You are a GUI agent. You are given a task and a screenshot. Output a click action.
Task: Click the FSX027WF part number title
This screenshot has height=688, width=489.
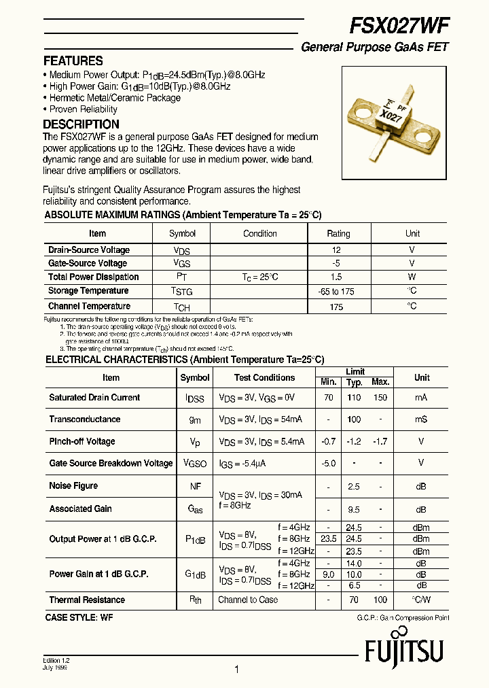399,25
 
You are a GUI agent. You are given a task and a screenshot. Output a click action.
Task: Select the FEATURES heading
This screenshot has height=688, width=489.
73,61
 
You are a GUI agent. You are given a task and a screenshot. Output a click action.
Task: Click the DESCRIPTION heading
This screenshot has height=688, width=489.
81,124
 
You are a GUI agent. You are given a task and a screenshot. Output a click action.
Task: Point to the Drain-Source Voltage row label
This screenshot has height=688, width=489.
88,250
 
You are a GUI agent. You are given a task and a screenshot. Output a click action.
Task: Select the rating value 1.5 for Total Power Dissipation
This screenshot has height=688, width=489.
336,277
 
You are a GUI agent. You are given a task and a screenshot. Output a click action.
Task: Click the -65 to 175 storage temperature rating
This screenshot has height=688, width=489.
336,291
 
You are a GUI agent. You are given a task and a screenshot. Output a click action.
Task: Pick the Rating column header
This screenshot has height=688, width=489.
338,233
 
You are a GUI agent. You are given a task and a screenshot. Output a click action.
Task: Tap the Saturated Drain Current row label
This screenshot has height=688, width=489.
94,398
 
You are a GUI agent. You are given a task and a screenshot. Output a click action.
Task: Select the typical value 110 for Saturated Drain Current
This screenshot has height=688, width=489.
354,398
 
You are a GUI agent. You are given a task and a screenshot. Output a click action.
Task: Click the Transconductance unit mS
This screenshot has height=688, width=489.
421,419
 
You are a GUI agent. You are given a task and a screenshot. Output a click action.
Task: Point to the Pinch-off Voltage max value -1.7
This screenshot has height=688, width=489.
380,441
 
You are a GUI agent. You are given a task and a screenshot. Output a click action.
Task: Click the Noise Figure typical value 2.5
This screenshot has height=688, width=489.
354,487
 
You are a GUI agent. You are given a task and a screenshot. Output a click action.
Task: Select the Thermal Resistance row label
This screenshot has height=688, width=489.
87,600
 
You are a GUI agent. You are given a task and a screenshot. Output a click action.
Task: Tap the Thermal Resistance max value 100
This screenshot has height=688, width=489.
380,600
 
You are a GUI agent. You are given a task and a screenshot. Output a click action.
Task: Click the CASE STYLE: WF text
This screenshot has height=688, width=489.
79,617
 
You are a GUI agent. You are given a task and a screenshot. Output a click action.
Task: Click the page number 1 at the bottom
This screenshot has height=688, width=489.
236,670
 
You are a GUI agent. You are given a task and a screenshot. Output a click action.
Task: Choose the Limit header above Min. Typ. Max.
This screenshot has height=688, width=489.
355,372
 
